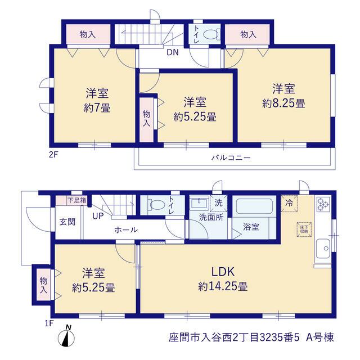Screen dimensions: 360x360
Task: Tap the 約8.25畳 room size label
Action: click(x=283, y=103)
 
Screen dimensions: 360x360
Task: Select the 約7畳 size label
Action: click(x=97, y=107)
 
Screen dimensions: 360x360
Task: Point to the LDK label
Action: click(x=223, y=272)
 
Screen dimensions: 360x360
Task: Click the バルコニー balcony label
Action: click(x=231, y=157)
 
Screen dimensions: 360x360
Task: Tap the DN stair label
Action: click(x=173, y=52)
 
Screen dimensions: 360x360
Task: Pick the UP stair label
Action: click(x=98, y=216)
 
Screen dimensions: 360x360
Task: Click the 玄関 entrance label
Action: click(x=67, y=222)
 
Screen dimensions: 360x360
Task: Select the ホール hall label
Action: click(x=126, y=229)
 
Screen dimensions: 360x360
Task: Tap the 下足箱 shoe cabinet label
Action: click(x=76, y=200)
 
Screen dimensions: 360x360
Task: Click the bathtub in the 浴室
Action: click(x=254, y=206)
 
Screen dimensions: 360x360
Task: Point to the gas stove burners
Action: click(x=323, y=204)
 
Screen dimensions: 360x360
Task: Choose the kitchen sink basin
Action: click(x=323, y=249)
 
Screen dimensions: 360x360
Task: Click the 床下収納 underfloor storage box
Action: click(x=304, y=229)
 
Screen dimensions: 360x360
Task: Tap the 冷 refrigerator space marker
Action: click(x=289, y=203)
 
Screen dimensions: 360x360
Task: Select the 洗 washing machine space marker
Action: click(x=219, y=203)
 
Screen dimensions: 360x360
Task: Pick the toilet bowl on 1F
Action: click(x=157, y=205)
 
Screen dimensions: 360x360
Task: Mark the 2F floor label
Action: click(x=53, y=155)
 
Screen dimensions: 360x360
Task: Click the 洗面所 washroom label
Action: click(x=211, y=217)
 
